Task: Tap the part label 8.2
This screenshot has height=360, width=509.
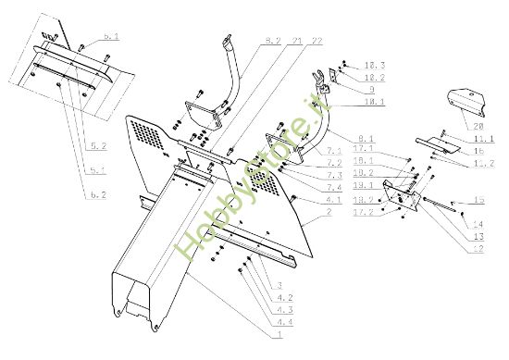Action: [272, 41]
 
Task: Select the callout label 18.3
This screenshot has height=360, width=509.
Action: [376, 66]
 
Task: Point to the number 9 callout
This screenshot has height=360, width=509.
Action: [371, 90]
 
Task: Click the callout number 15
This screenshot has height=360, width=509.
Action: [478, 200]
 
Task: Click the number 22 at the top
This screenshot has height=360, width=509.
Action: [317, 41]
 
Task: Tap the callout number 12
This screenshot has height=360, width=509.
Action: [477, 248]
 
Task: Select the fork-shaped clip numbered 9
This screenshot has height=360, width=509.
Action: [326, 77]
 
